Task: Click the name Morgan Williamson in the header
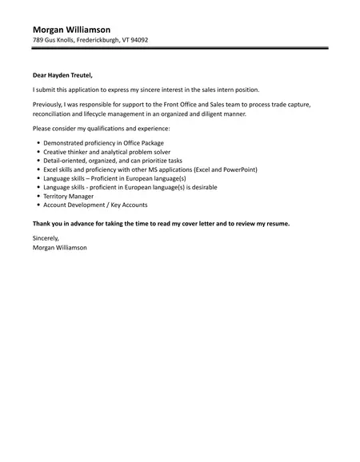[72, 29]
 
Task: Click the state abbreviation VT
[122, 40]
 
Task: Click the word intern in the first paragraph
[225, 90]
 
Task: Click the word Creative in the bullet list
[55, 151]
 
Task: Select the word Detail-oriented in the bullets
[65, 160]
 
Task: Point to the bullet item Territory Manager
[69, 195]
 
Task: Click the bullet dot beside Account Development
[38, 204]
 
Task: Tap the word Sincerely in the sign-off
[46, 238]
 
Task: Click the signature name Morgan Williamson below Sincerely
[60, 247]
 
